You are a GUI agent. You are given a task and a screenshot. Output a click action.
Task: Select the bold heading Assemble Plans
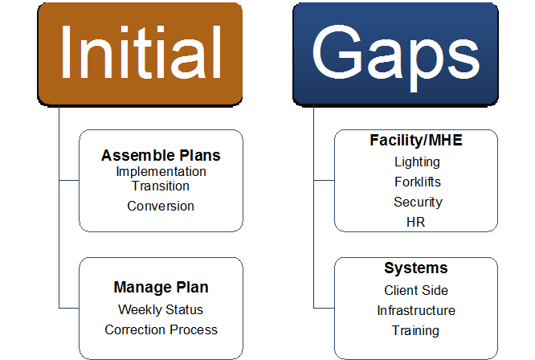point(161,155)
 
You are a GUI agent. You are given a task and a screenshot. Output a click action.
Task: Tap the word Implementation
point(161,171)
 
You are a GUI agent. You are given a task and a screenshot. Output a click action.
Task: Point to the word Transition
point(161,186)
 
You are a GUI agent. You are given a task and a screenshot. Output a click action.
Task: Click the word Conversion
point(161,206)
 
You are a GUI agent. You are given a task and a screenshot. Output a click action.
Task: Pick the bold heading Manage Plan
point(161,288)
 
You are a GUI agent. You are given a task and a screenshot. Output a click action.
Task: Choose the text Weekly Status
point(161,309)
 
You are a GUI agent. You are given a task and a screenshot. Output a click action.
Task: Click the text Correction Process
point(161,329)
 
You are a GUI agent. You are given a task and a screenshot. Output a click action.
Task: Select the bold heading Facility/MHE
point(416,141)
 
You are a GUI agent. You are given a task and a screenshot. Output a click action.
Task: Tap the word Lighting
point(417,162)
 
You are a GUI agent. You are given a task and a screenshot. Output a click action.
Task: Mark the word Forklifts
point(417,182)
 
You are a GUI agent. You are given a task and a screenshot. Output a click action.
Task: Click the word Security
point(417,202)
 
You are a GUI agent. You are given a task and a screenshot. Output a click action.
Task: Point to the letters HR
point(416,222)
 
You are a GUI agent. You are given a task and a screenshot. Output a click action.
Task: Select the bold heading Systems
point(415,268)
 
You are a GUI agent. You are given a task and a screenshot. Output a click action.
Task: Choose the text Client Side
point(416,290)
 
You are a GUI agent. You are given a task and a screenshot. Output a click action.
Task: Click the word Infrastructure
point(416,310)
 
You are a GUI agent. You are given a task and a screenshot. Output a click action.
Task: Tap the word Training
point(415,330)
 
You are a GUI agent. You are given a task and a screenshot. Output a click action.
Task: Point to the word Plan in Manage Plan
point(193,288)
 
